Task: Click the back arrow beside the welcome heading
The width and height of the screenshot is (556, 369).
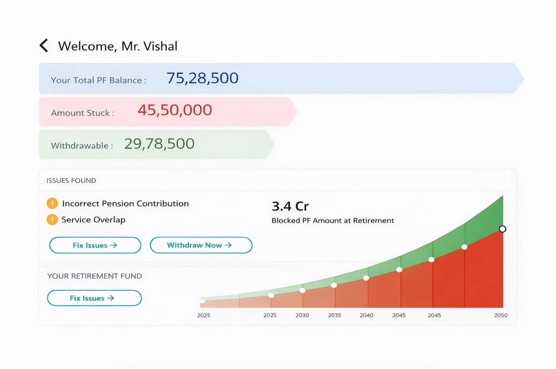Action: click(x=44, y=46)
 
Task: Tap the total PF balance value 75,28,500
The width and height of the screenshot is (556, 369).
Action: click(x=202, y=78)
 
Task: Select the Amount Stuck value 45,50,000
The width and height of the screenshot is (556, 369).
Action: click(x=175, y=110)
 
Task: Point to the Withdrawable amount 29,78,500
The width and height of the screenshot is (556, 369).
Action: click(x=159, y=144)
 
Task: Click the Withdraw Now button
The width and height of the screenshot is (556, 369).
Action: click(x=201, y=245)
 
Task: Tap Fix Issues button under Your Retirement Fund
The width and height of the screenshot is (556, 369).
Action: click(x=94, y=298)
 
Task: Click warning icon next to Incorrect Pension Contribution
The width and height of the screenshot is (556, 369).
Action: click(x=52, y=203)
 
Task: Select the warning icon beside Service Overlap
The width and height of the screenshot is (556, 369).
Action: click(x=52, y=220)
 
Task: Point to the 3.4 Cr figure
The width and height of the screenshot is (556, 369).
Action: click(x=290, y=206)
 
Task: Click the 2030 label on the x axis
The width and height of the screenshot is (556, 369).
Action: click(x=302, y=315)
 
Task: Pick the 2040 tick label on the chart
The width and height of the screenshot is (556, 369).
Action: click(x=366, y=315)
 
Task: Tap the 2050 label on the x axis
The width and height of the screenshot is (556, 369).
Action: click(x=501, y=315)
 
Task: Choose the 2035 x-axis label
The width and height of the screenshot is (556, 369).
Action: click(x=334, y=315)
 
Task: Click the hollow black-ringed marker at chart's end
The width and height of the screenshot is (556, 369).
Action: click(x=502, y=229)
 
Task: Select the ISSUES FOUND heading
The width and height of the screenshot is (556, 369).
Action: click(x=71, y=181)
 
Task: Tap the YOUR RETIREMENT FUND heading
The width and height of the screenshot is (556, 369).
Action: click(x=95, y=276)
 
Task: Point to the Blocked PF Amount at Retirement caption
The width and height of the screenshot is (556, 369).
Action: click(x=333, y=220)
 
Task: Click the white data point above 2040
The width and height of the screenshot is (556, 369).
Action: click(x=366, y=278)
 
